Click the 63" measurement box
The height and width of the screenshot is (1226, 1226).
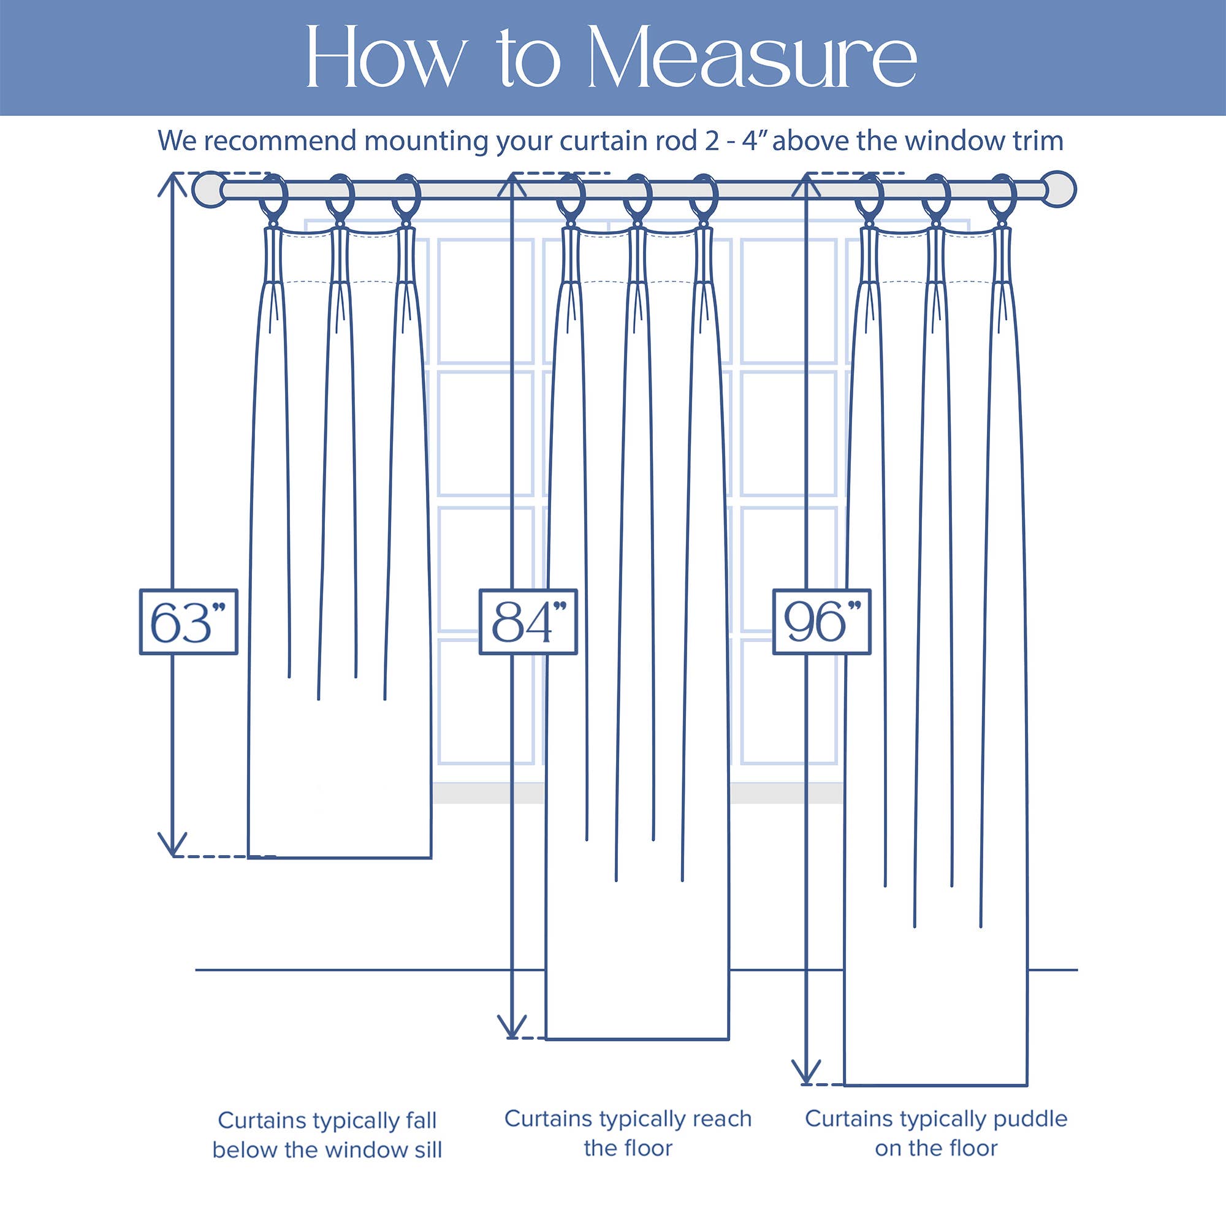(x=188, y=622)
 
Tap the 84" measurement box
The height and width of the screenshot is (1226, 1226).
(x=528, y=622)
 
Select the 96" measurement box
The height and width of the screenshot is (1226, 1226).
(x=821, y=622)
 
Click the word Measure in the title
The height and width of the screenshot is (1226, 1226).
(x=752, y=58)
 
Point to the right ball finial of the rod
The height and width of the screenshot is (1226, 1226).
(x=1059, y=189)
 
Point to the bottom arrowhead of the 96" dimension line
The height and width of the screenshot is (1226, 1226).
(x=806, y=1072)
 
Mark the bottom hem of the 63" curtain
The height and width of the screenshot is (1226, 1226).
(x=340, y=858)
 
